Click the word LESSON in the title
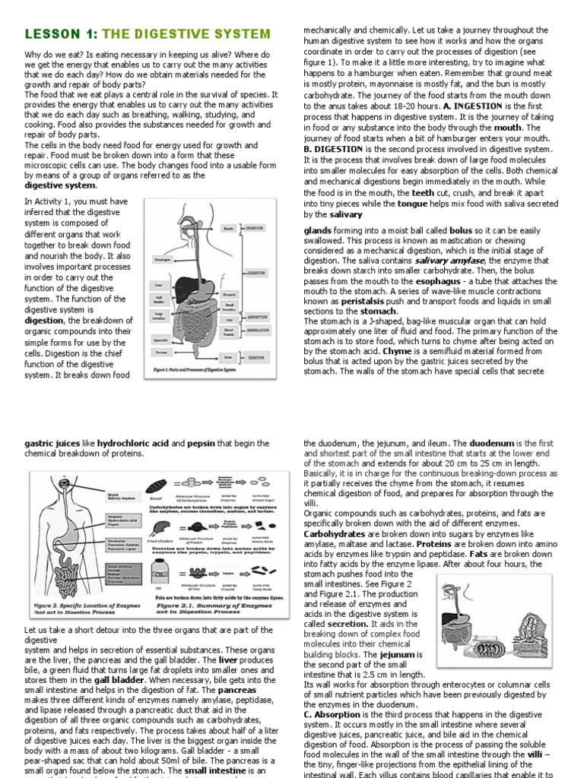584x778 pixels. (x=50, y=34)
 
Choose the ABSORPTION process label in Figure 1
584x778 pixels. (x=256, y=318)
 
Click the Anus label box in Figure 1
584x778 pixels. (x=228, y=357)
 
